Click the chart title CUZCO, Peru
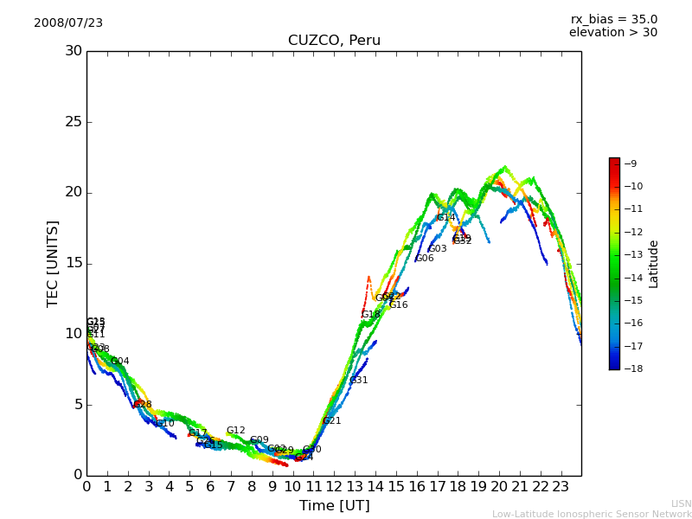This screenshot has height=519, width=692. point(334,41)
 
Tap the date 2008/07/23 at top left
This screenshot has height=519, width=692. point(68,23)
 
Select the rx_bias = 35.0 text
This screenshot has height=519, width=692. point(613,19)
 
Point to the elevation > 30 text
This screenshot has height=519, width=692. point(612,33)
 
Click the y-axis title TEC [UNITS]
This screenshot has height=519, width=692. point(54,263)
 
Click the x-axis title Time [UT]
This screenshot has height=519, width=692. point(334,506)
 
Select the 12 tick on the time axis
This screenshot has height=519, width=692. point(334,487)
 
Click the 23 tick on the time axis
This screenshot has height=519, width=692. point(561,487)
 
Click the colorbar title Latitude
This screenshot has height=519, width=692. point(654,263)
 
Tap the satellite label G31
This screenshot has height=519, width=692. point(359,381)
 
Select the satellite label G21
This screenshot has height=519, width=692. point(332,421)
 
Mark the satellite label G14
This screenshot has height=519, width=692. point(445,218)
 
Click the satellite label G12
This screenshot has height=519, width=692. point(236,431)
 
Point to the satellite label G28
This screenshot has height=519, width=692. point(143,405)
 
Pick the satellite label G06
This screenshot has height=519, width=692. point(425,259)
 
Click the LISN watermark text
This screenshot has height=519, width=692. point(681,503)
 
